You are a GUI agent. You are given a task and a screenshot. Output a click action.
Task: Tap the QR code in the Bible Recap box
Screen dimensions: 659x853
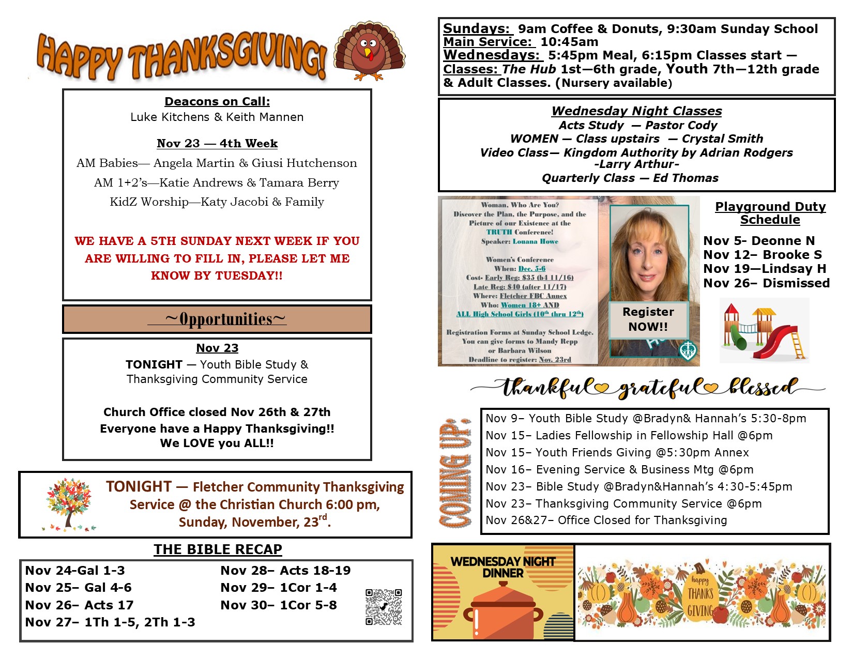[x=384, y=607]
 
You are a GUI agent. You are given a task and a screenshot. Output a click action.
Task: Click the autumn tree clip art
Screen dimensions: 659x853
[x=69, y=504]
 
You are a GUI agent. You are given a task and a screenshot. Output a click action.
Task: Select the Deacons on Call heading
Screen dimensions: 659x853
[x=217, y=101]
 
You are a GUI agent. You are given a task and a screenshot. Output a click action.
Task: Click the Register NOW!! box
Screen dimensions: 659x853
[x=648, y=319]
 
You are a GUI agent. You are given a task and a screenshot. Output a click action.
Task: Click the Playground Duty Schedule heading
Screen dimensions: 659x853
[x=770, y=213]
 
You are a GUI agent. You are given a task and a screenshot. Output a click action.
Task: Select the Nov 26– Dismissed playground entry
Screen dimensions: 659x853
[x=766, y=283]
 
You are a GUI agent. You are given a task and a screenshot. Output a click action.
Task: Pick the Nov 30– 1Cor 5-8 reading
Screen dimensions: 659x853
[x=279, y=605]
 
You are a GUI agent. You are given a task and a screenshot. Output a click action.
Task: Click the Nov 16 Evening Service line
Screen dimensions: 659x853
[x=619, y=469]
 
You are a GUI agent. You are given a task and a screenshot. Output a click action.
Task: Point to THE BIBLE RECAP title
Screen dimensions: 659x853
[x=218, y=549]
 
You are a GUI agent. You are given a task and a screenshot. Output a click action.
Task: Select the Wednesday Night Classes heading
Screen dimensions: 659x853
[x=636, y=111]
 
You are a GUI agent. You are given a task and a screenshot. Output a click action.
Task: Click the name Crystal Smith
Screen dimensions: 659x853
[x=722, y=139]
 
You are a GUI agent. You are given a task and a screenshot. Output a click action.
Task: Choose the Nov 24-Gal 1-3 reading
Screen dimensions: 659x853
[x=75, y=571]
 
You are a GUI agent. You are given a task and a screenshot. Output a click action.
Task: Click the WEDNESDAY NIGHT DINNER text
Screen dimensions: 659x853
[x=502, y=567]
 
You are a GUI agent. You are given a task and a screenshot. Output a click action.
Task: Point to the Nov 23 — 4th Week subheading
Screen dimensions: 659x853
[x=217, y=143]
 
